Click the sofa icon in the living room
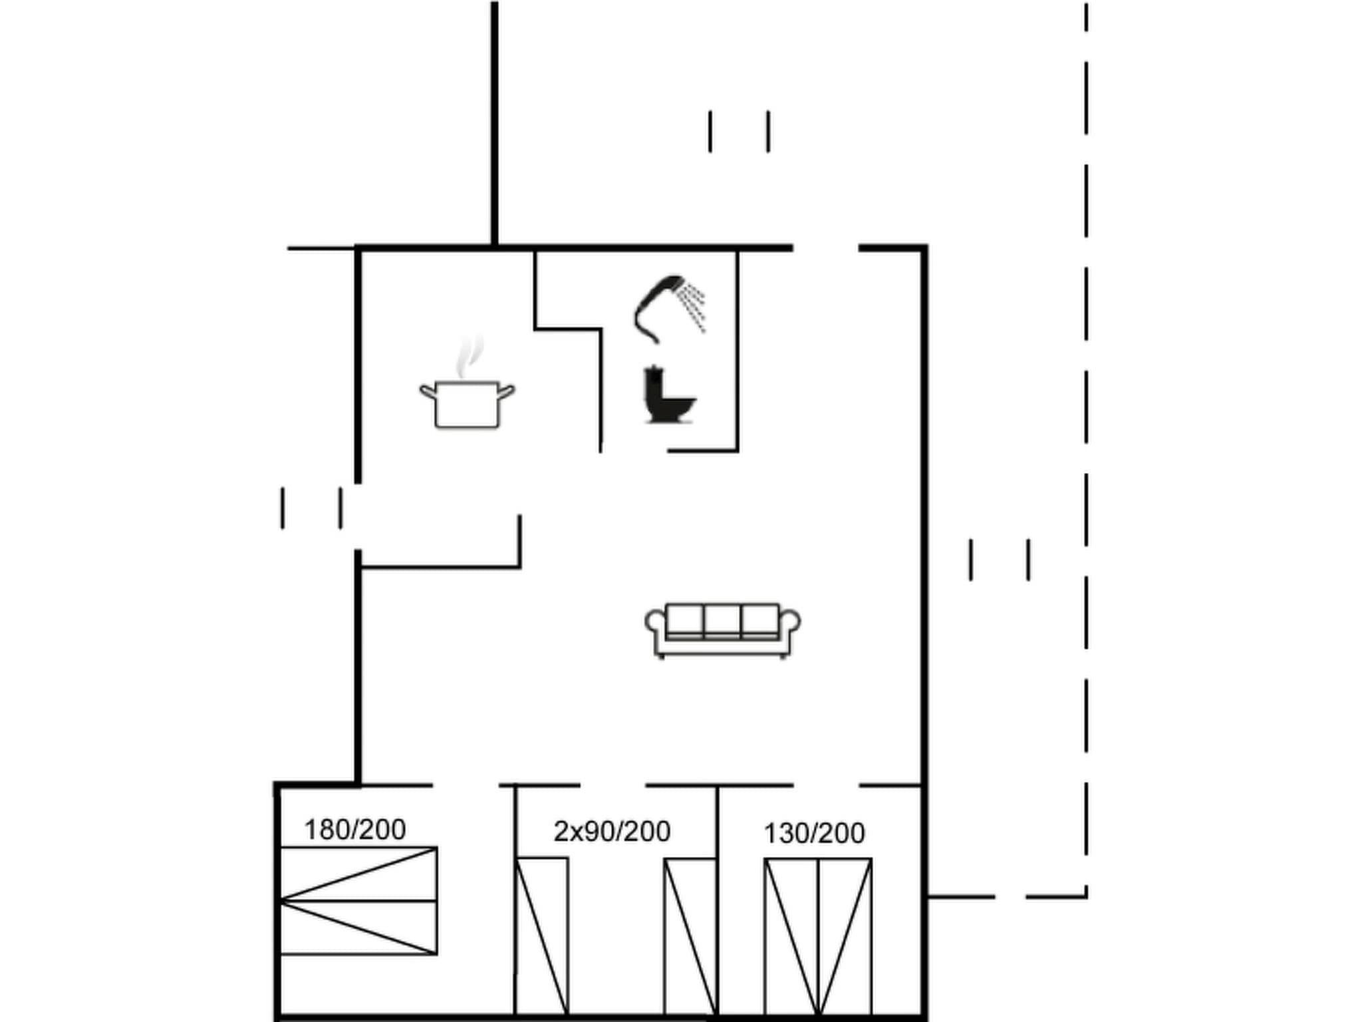pos(722,629)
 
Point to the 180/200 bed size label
pos(354,830)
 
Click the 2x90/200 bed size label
pos(612,832)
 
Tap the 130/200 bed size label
pos(814,833)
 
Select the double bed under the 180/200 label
pos(358,901)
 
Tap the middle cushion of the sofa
pos(722,621)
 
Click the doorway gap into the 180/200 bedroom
pos(466,786)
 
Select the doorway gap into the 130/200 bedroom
pos(826,786)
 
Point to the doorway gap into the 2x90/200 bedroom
pos(613,786)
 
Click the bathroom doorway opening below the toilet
pos(634,451)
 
